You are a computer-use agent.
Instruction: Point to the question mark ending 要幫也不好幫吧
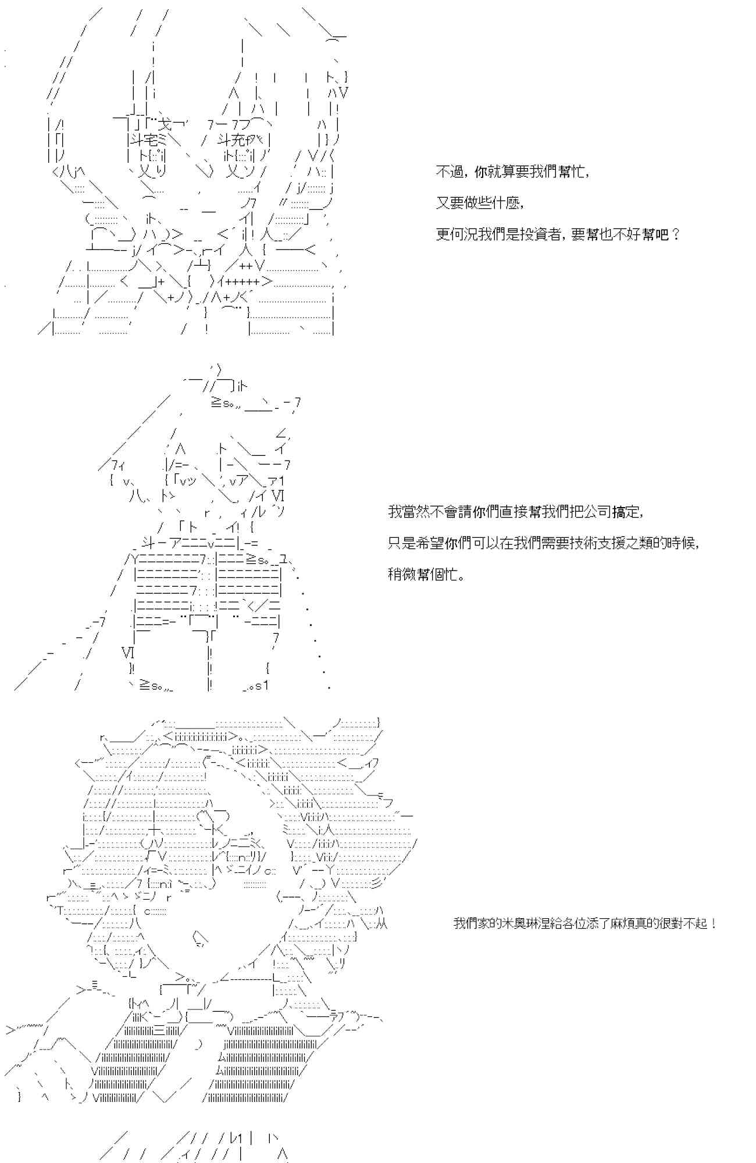(675, 234)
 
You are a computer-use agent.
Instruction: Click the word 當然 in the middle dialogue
(411, 512)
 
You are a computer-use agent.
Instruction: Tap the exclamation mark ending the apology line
(714, 923)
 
